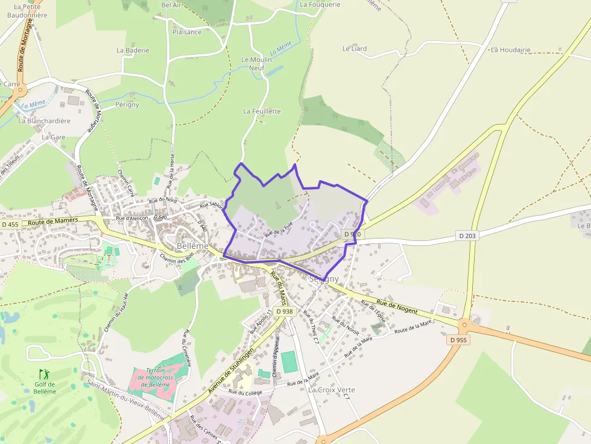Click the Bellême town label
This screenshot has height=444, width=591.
[x=192, y=246]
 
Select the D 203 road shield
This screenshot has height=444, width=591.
[x=467, y=236]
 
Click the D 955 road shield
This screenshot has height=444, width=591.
[x=458, y=340]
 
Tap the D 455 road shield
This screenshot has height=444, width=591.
[x=10, y=225]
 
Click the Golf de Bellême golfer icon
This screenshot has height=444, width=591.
[x=43, y=374]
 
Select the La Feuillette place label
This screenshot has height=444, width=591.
[x=262, y=111]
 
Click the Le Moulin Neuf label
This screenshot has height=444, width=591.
[x=257, y=64]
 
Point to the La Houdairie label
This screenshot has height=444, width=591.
[x=510, y=50]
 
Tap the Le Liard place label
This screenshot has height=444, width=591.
[x=355, y=48]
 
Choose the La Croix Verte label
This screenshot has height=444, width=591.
[x=332, y=390]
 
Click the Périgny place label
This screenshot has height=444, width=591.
[x=127, y=104]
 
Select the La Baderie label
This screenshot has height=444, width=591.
[x=133, y=51]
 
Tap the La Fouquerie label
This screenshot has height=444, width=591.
[x=320, y=4]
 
